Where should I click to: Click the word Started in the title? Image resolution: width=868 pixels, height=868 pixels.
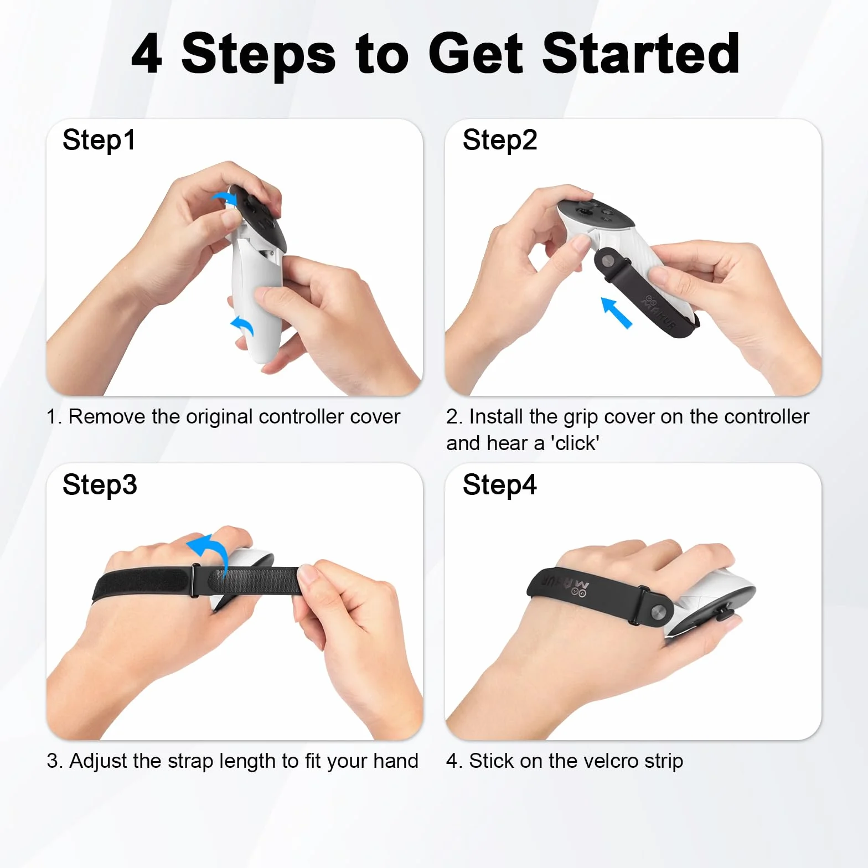point(640,53)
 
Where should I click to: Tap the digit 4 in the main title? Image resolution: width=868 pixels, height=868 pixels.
point(147,54)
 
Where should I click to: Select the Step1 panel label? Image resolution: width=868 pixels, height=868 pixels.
point(99,140)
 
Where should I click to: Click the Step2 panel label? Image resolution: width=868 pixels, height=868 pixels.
point(500,140)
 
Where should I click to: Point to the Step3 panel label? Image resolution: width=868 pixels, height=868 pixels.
point(100,485)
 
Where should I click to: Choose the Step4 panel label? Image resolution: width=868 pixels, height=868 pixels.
point(500,485)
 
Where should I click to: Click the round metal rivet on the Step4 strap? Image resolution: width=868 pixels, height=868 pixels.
point(658,612)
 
